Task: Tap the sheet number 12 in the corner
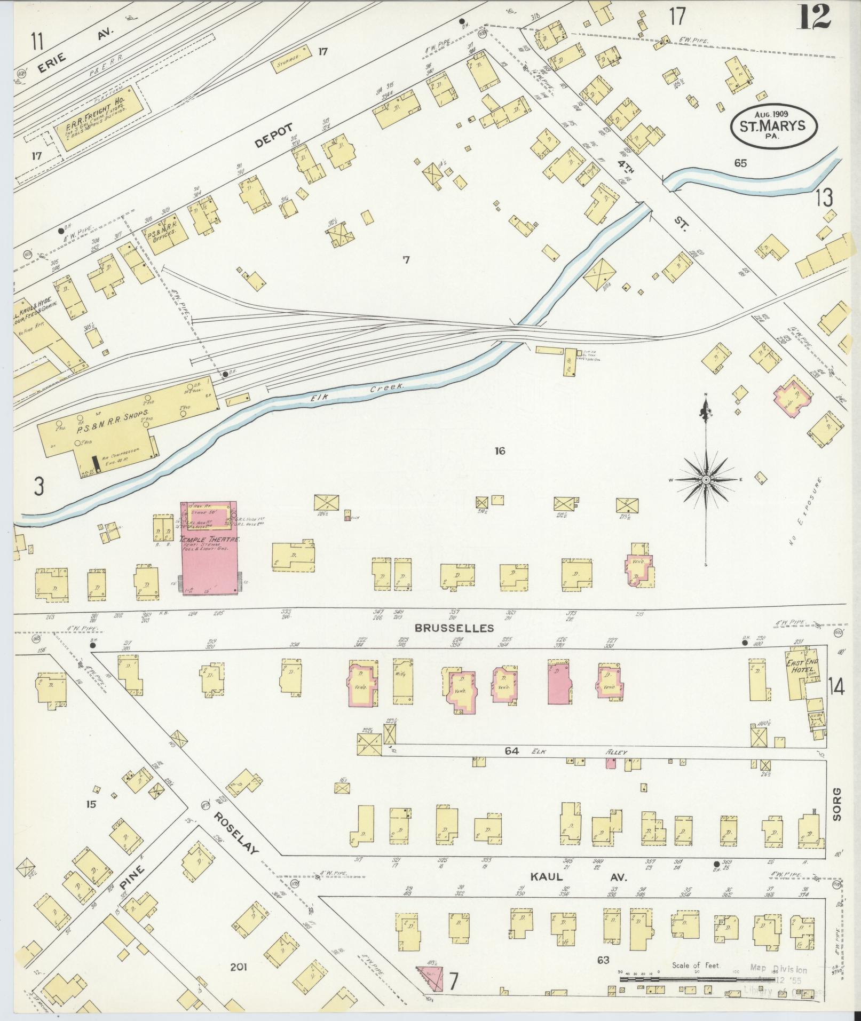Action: coord(815,17)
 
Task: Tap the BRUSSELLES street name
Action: coord(454,628)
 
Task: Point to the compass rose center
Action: coord(706,480)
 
